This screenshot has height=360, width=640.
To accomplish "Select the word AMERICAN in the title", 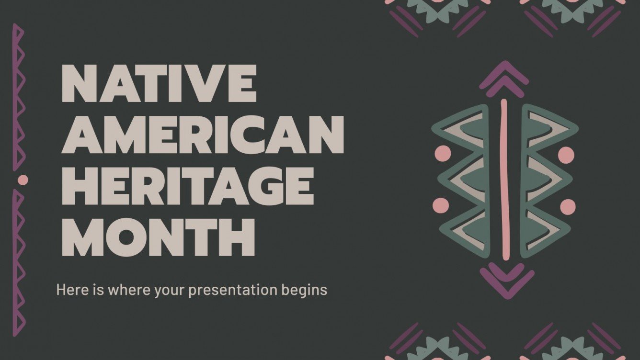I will click(203, 135).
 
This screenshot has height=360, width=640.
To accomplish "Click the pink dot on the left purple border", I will click(23, 180).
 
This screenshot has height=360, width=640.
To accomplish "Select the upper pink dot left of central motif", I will click(442, 154).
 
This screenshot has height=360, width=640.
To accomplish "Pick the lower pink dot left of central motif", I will click(441, 206).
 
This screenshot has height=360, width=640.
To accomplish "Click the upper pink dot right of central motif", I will click(566, 154).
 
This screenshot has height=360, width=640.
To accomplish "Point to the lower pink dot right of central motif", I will click(567, 206).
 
